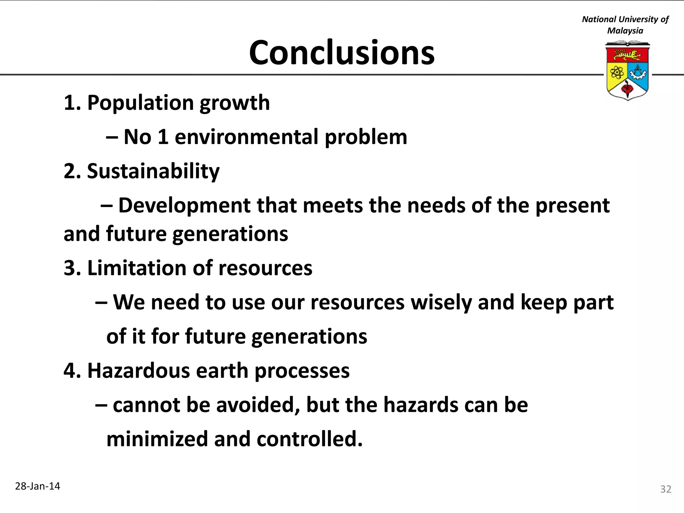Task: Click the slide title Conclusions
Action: coord(342,53)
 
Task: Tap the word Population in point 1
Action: coord(140,103)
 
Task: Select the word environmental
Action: coord(246,137)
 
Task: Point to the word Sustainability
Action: coord(153,172)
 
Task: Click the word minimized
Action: coord(157,439)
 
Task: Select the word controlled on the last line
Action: coord(309,439)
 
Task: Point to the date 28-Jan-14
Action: coord(38,486)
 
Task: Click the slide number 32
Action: coord(666,489)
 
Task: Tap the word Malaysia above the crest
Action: coord(625,31)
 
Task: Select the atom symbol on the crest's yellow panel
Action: coord(617,72)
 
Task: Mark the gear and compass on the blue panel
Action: coord(638,72)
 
